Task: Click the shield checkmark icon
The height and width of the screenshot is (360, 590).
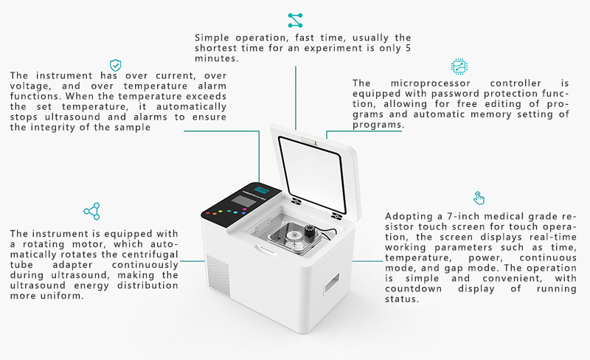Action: pyautogui.click(x=116, y=65)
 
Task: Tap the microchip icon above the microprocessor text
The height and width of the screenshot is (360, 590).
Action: pyautogui.click(x=459, y=66)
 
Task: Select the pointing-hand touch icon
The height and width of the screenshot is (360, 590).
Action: pyautogui.click(x=479, y=198)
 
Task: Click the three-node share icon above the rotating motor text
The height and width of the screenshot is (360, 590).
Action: pyautogui.click(x=92, y=211)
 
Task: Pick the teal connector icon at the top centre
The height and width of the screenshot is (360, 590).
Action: pyautogui.click(x=295, y=21)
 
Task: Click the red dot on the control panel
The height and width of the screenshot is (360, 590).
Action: pyautogui.click(x=208, y=213)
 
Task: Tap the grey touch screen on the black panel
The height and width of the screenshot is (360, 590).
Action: pyautogui.click(x=243, y=201)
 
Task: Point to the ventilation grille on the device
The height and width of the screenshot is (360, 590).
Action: pyautogui.click(x=218, y=275)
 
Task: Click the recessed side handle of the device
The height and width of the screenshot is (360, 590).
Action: pyautogui.click(x=332, y=283)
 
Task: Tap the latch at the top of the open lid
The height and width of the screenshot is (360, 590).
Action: pyautogui.click(x=309, y=141)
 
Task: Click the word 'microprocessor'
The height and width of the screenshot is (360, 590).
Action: pyautogui.click(x=431, y=83)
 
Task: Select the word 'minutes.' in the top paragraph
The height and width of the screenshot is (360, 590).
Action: pyautogui.click(x=216, y=58)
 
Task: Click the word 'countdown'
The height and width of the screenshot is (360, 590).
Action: pyautogui.click(x=413, y=289)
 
